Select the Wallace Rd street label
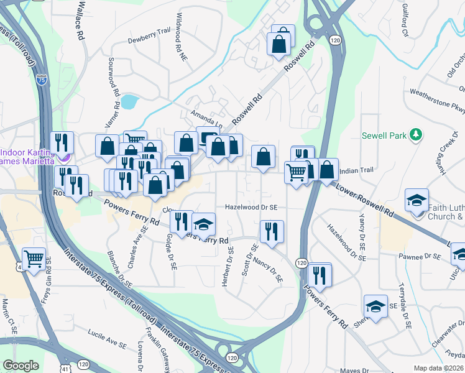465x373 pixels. pos(80,25)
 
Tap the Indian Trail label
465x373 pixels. pos(357,170)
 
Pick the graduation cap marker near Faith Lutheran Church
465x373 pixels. pos(417,200)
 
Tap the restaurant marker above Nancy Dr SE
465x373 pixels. pos(271,231)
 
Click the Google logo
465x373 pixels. pos(21,366)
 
